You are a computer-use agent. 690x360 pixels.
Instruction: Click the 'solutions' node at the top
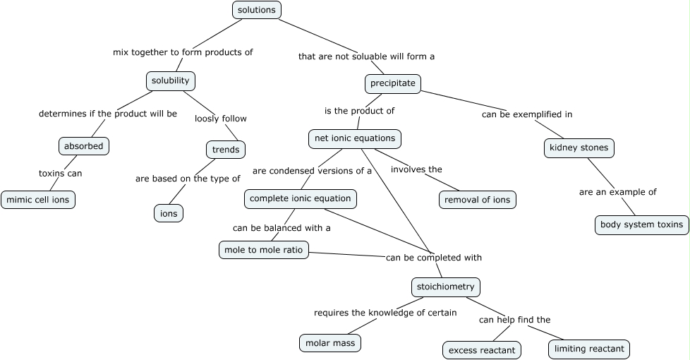257,10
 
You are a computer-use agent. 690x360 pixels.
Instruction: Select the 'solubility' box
171,80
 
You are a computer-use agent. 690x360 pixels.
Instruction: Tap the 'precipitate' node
393,83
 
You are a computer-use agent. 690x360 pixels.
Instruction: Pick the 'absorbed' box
84,146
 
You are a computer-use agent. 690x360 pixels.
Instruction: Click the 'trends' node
226,149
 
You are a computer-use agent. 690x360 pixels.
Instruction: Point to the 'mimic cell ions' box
38,200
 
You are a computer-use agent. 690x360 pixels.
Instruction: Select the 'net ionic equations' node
355,138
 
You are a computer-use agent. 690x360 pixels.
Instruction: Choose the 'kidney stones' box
579,148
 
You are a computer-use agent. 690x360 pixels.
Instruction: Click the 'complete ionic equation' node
300,199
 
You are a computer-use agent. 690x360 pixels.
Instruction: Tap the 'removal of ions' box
477,200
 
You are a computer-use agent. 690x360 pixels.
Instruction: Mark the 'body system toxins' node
641,225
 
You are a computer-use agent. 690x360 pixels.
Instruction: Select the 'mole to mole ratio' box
263,250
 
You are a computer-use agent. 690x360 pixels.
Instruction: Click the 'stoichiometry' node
446,287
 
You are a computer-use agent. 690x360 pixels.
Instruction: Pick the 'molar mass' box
329,343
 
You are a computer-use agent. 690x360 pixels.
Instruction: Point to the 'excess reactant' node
482,350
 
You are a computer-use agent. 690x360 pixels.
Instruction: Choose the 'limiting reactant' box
589,349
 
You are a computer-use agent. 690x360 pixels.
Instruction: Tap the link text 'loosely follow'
221,119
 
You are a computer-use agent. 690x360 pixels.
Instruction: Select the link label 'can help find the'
514,320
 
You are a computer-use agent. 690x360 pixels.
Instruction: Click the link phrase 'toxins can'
60,173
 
